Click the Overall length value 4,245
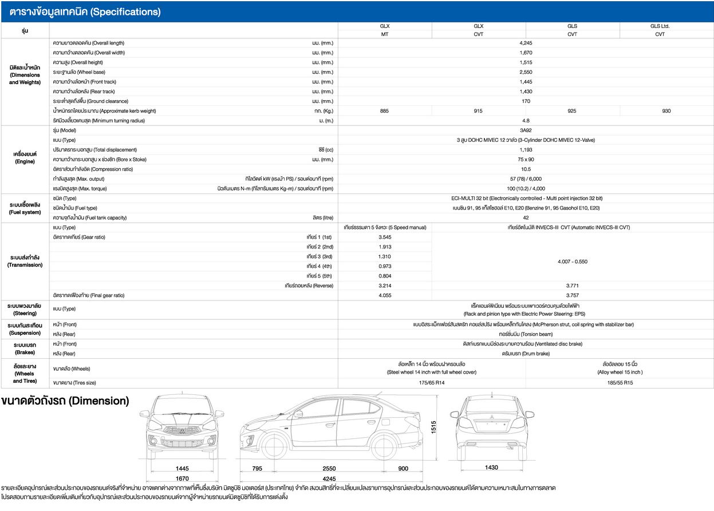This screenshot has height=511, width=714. coord(526,43)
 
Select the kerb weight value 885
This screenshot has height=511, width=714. coord(384,111)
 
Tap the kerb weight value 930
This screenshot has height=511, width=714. coord(666,111)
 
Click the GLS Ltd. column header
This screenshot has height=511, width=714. coord(660,26)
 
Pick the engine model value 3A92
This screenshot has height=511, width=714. coord(526,130)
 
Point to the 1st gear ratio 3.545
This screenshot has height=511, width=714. coord(384,237)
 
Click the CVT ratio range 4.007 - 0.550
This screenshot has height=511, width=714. coord(571,262)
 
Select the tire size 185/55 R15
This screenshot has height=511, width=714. coord(620,383)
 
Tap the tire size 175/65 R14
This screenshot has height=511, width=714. coord(431,383)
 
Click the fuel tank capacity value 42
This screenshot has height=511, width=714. coord(526,217)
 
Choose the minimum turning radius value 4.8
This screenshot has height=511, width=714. coord(526,121)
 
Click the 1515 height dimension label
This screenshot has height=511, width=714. coord(433,426)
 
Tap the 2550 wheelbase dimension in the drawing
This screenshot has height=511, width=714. coord(329,469)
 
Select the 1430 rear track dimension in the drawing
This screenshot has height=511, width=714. coord(491,468)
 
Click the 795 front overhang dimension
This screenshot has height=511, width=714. coord(258,469)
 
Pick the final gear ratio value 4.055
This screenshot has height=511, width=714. coord(384,295)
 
